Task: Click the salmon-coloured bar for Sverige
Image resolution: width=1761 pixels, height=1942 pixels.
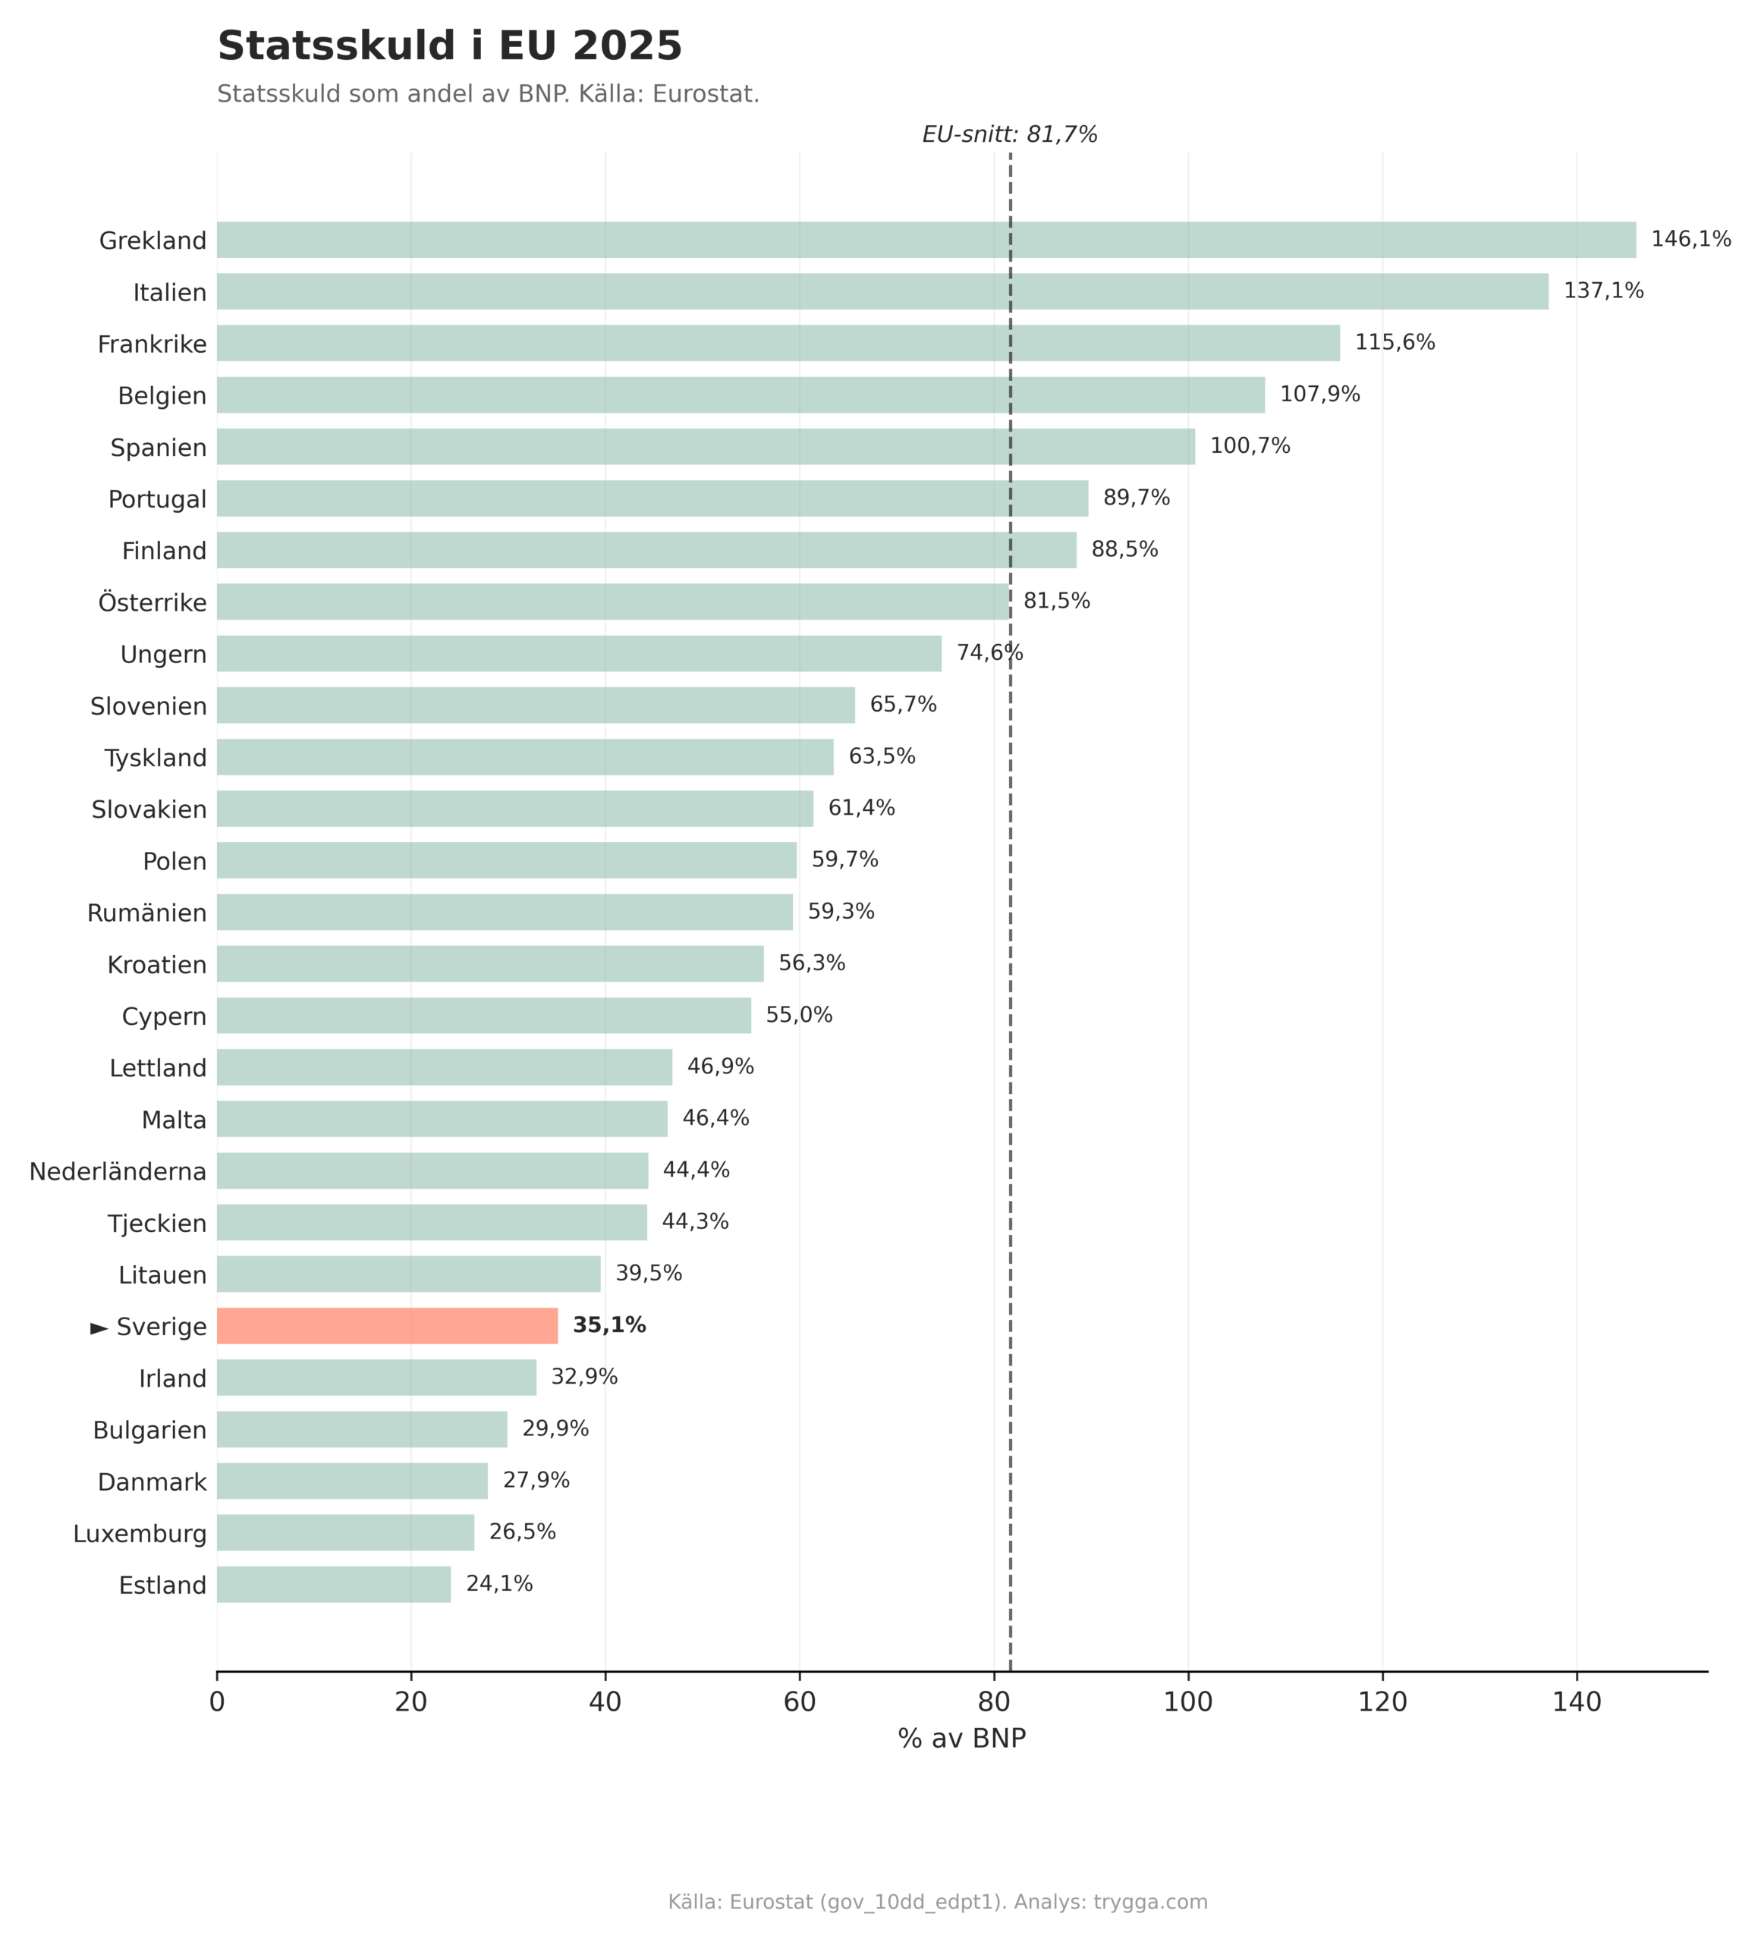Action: coord(386,1325)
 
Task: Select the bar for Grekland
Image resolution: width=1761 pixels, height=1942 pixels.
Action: coord(925,240)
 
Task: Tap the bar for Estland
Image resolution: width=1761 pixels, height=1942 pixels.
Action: coord(333,1585)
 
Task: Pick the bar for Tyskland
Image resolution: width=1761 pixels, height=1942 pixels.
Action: coord(525,757)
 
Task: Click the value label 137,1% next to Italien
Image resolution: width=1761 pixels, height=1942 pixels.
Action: coord(1603,291)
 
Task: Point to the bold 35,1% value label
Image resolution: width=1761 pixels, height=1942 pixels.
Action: coord(608,1325)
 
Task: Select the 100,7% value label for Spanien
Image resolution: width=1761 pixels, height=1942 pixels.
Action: coord(1250,446)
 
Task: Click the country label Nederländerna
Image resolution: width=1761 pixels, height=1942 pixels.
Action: coord(118,1171)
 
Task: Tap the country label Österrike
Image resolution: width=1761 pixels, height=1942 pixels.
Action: coord(153,603)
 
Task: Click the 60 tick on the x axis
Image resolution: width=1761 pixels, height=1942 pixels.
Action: coord(799,1702)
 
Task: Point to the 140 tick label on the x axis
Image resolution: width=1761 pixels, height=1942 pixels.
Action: coord(1576,1702)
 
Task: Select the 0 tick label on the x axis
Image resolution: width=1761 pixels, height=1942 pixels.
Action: coord(217,1702)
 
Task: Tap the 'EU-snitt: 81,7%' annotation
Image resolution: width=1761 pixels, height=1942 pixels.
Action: coord(1010,135)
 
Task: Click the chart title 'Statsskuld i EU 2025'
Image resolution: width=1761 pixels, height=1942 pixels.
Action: coord(449,46)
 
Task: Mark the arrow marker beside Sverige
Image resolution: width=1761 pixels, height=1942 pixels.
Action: coord(99,1328)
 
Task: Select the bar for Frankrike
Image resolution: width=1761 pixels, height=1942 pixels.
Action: coord(778,343)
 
